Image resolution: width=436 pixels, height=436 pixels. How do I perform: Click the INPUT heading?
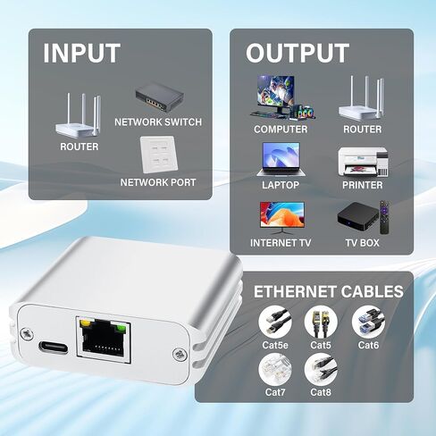[x=82, y=54]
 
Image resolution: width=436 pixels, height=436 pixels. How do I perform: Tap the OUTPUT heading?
[x=298, y=54]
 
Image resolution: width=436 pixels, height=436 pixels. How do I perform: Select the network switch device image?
[x=159, y=97]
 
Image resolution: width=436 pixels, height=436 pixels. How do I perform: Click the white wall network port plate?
[x=159, y=155]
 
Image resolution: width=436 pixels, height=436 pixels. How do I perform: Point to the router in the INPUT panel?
[x=79, y=116]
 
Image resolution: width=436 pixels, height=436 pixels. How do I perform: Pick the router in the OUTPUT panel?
[x=361, y=98]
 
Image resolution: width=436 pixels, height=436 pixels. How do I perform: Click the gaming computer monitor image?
[x=276, y=92]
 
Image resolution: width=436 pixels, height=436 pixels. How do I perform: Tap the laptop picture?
[x=281, y=159]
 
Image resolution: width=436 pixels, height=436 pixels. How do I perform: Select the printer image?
[x=363, y=161]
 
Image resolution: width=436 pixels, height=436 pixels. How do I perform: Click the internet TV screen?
[x=282, y=214]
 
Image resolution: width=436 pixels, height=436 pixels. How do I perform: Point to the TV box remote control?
[x=384, y=217]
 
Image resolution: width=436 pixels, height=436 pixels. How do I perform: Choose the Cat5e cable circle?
[x=275, y=323]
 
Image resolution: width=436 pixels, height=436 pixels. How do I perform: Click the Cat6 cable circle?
[x=368, y=323]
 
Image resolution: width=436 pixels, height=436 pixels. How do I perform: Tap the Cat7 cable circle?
[x=275, y=370]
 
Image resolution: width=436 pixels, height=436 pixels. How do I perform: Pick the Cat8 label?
[x=321, y=392]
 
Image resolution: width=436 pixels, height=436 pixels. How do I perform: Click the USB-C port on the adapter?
[x=54, y=347]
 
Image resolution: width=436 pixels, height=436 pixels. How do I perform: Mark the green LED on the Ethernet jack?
[x=121, y=328]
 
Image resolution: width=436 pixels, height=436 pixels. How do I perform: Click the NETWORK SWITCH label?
[x=158, y=122]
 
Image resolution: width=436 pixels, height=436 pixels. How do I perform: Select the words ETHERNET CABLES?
[x=329, y=291]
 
